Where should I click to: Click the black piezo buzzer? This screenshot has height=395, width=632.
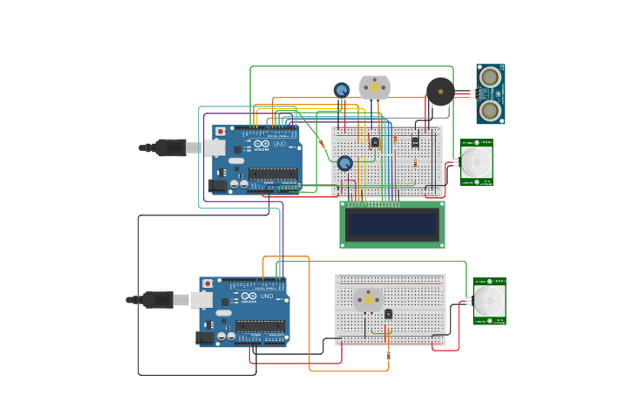click(x=440, y=91)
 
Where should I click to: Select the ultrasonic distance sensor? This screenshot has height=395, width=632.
click(x=490, y=94)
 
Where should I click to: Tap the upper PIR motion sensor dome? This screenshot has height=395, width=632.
click(x=476, y=161)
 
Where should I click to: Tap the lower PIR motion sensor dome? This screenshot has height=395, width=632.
click(x=488, y=301)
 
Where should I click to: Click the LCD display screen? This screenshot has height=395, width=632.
click(x=391, y=224)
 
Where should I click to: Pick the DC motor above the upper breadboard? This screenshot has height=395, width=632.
click(x=375, y=87)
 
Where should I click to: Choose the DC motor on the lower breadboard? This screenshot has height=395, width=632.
click(x=368, y=299)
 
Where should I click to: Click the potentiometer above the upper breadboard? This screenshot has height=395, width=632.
click(x=342, y=90)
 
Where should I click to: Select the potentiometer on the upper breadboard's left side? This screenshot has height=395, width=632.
click(x=345, y=163)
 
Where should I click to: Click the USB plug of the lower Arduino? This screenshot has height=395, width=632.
click(x=161, y=300)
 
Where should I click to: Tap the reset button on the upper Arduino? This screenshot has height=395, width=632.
click(x=220, y=132)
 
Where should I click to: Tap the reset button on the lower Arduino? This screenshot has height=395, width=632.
click(x=207, y=283)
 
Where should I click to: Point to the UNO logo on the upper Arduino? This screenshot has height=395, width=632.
click(x=278, y=144)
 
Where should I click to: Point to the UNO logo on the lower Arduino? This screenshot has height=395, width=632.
click(x=266, y=296)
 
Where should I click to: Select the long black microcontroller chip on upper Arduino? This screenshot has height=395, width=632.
click(x=273, y=174)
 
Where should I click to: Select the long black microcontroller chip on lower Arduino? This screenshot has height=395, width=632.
click(x=260, y=326)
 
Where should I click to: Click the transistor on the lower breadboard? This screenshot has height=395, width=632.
click(x=388, y=314)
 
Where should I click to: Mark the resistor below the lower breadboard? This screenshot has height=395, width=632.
click(x=388, y=354)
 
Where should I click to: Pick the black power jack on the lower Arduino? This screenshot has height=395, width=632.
click(x=206, y=337)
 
